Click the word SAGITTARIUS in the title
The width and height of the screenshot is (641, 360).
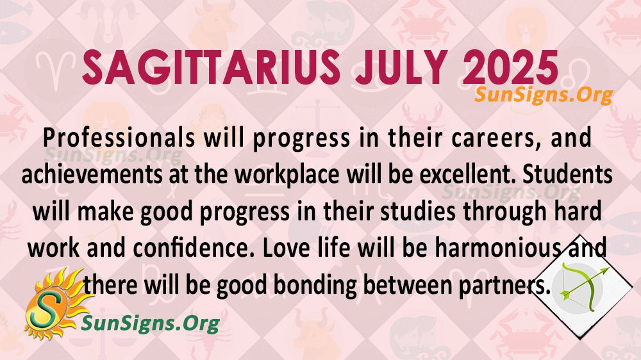212,67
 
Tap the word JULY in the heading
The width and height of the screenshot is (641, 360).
401,67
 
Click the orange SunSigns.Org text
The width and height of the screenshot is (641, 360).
544,95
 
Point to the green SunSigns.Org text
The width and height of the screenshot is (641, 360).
151,323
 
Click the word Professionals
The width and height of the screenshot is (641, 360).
119,138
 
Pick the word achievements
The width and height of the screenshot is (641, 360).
91,175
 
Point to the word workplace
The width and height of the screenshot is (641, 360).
287,176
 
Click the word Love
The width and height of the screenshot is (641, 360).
285,249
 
